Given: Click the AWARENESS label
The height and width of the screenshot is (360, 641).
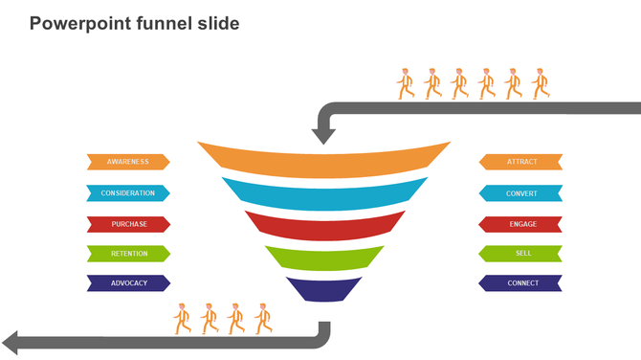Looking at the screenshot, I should coord(128,162).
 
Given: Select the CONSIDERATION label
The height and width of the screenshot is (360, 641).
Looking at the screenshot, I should coord(128,193).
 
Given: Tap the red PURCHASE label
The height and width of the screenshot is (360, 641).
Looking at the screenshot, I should coord(128,224).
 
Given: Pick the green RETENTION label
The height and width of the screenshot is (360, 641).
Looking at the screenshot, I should coord(128,254).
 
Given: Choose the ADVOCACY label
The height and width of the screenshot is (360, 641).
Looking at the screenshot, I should coord(128,283).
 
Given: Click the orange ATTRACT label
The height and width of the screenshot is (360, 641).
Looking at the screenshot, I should coord(521,162).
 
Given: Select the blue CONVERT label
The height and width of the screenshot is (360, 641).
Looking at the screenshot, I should coord(521,193).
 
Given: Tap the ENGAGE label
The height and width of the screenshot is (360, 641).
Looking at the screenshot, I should coord(521,224).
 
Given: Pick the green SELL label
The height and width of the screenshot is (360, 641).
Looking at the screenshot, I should coord(521,254).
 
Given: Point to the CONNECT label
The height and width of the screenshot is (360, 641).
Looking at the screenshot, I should coord(521,283).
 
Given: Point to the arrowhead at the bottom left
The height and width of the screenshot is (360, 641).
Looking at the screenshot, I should coord(12,342).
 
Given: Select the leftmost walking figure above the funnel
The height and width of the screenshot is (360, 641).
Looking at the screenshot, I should coord(406,84).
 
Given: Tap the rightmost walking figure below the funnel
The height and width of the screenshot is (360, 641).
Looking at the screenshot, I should coord(263,318).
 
